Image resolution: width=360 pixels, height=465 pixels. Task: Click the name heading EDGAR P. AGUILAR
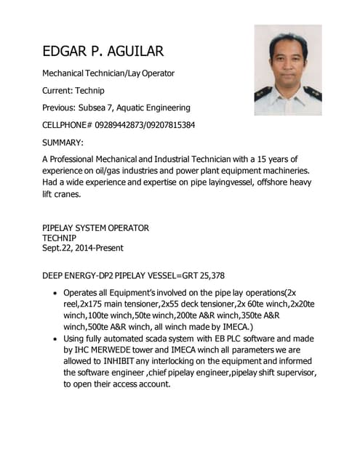coord(103,51)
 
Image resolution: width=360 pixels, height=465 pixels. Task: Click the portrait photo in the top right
coord(288,70)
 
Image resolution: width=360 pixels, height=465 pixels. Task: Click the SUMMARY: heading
coord(63,142)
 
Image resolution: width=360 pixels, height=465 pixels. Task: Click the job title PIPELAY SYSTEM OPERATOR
coord(95,227)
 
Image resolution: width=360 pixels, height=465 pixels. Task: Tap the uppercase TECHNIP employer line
coord(59,238)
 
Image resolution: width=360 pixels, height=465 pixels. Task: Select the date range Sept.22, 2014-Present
coord(82,248)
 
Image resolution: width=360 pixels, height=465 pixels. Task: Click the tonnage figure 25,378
coord(209,275)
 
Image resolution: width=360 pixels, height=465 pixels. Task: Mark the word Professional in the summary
coord(78,158)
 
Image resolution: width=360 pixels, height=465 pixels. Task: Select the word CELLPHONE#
coord(67,125)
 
